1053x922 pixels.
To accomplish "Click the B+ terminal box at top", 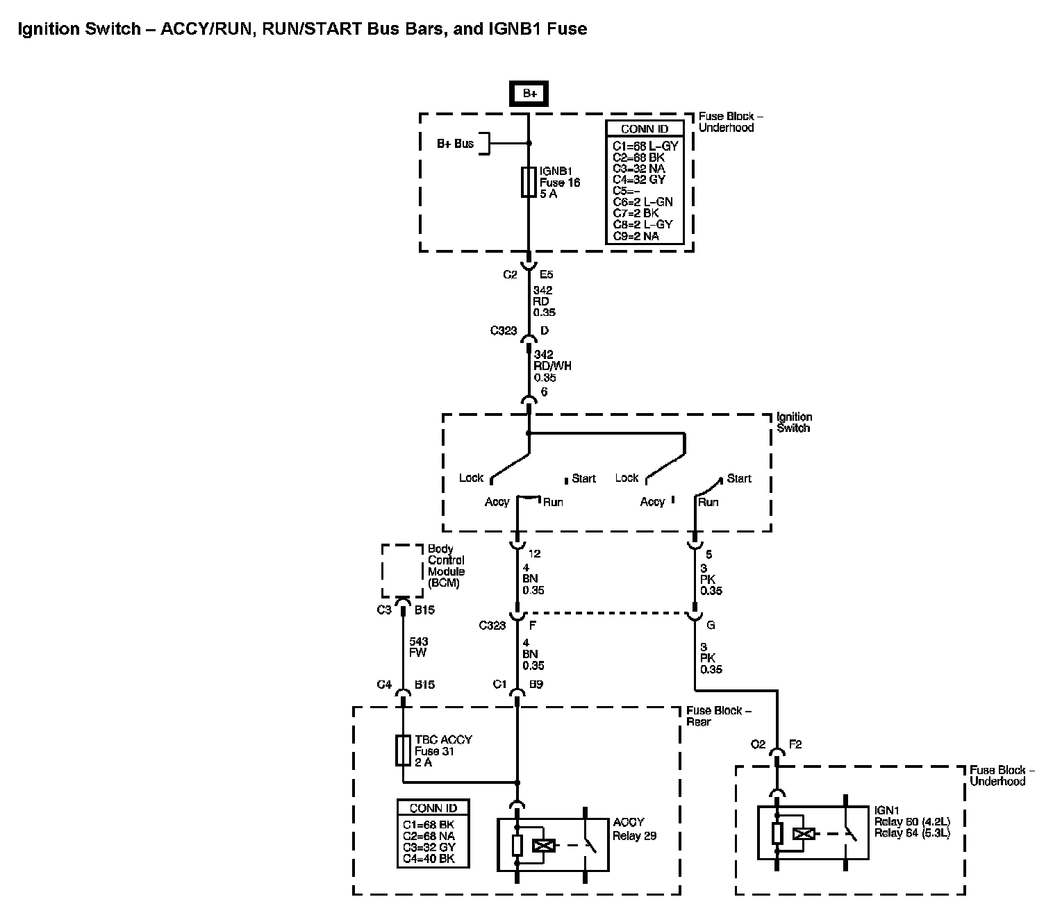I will [529, 94].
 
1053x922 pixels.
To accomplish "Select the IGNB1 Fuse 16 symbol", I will [529, 182].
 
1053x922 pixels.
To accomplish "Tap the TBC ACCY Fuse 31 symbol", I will [402, 751].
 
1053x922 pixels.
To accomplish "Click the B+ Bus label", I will [455, 144].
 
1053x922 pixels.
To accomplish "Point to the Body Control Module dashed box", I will [402, 571].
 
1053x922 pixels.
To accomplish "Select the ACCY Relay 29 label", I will [633, 829].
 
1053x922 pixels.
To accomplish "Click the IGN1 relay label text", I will [911, 821].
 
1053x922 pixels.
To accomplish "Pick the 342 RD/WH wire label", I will [552, 366].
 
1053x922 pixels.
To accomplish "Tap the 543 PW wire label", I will [418, 647].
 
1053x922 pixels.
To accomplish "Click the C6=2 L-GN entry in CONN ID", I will [642, 202].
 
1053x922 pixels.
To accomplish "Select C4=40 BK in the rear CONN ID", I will [429, 858].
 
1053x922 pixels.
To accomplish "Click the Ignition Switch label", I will [794, 422].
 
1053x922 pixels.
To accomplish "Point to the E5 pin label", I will [547, 274].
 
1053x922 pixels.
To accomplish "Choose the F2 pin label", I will [795, 744].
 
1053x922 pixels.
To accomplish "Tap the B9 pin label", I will [536, 685].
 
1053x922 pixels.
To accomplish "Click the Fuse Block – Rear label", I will [718, 716].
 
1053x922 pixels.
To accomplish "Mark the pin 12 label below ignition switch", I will [534, 553].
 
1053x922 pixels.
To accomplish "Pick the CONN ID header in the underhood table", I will [644, 129].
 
